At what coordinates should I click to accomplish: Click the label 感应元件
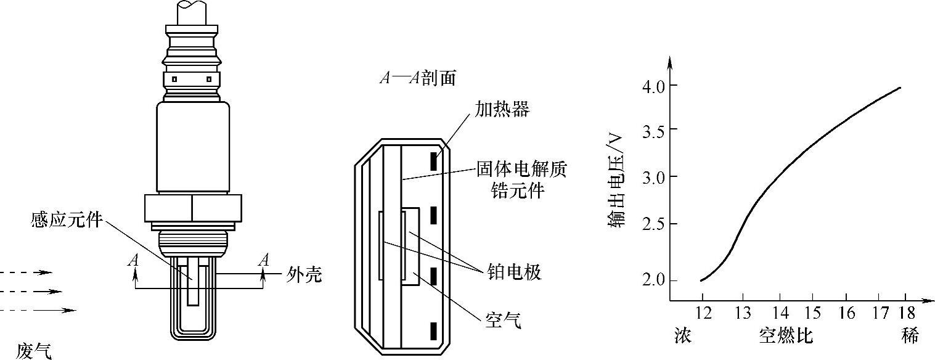[x=66, y=220]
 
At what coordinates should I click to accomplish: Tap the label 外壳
[x=304, y=274]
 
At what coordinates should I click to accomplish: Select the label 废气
[x=35, y=351]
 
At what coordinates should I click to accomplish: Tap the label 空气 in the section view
[x=501, y=320]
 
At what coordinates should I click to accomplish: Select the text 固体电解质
[x=521, y=168]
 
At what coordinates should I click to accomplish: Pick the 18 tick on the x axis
[x=906, y=313]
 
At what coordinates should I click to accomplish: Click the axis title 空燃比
[x=786, y=337]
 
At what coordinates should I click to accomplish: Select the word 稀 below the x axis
[x=910, y=337]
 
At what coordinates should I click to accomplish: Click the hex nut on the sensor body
[x=192, y=208]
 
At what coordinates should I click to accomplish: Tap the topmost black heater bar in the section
[x=434, y=161]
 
